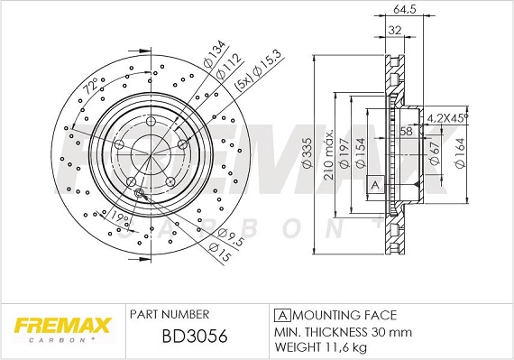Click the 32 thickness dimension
click(x=393, y=29)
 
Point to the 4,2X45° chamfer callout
click(x=447, y=117)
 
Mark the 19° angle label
click(x=118, y=217)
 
